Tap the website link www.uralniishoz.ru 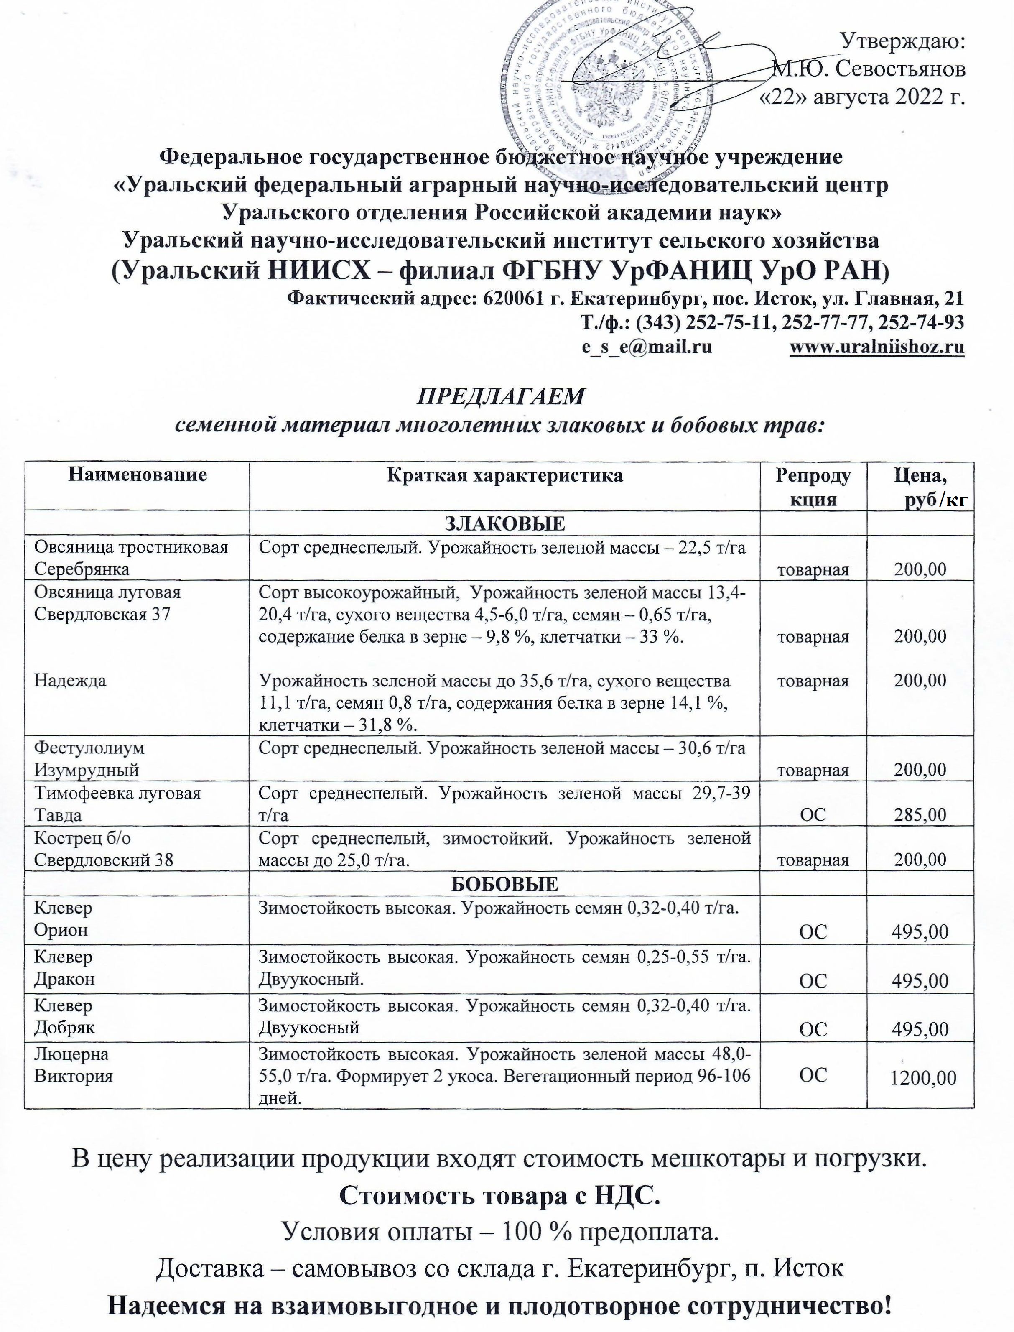876,347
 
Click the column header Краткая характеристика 504,476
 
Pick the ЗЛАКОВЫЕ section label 504,523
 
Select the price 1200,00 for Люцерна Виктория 923,1077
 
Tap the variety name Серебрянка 82,569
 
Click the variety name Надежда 70,681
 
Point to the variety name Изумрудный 86,770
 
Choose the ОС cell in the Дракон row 813,980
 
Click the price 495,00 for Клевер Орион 920,931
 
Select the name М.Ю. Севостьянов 869,69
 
